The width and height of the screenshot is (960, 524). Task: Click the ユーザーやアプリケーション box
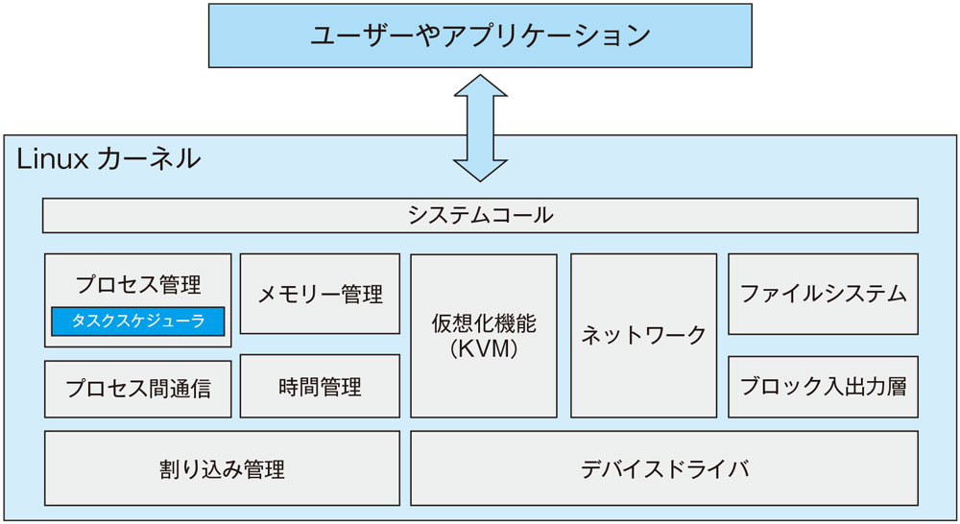click(480, 36)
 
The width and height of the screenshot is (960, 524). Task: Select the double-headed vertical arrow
click(480, 128)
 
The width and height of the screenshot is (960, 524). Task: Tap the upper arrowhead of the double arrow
click(480, 88)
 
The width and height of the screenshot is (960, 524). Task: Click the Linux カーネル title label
click(108, 158)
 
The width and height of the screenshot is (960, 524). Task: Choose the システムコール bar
click(480, 215)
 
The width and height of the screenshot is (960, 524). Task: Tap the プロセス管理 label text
click(138, 284)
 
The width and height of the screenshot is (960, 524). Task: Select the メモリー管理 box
click(320, 294)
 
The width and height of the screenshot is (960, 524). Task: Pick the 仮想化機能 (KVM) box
click(483, 335)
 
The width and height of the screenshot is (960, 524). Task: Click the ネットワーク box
click(643, 335)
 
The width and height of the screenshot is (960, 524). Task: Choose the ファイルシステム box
click(823, 294)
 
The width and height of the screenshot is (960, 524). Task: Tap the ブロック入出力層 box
click(823, 387)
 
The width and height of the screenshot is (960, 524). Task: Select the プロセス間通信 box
click(138, 389)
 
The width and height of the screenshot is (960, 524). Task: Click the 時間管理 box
click(320, 387)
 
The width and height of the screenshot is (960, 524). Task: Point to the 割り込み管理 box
click(222, 469)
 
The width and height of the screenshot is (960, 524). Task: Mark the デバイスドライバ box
click(663, 469)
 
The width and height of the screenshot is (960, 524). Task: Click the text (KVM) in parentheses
click(483, 349)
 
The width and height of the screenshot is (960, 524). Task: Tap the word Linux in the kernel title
click(51, 158)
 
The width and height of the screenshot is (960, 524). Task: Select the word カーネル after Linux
click(150, 158)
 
